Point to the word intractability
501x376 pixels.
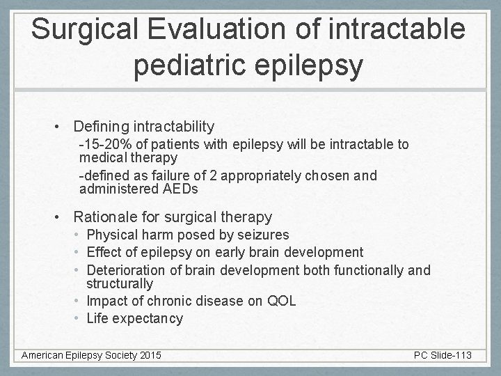click(x=174, y=127)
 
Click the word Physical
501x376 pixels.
click(x=111, y=235)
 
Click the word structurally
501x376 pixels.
click(x=119, y=284)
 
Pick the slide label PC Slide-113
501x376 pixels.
click(x=442, y=356)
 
